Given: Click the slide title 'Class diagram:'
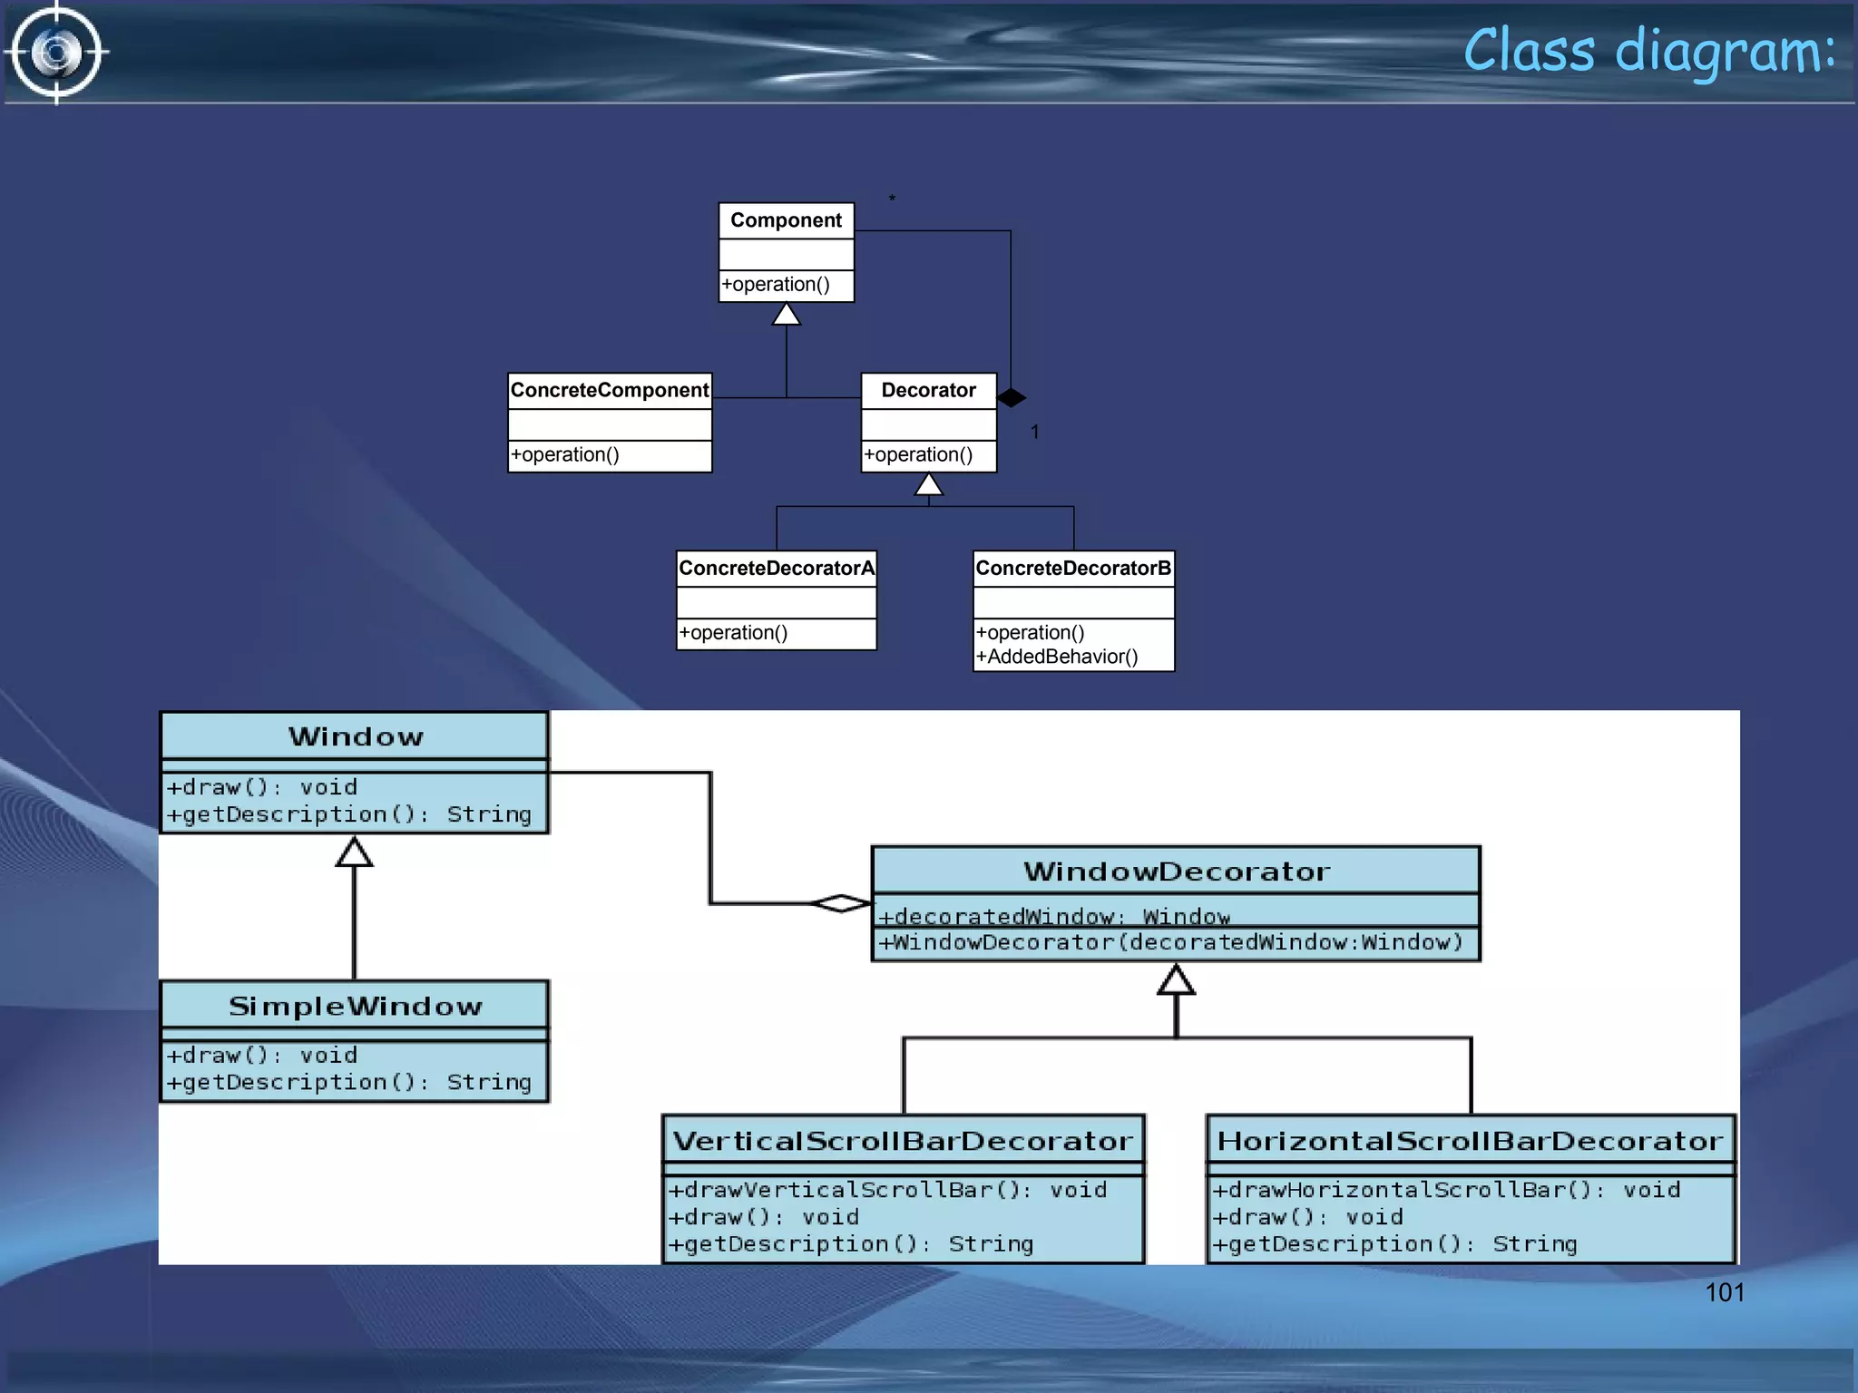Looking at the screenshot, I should coord(1648,51).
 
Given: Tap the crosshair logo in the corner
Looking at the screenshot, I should coord(56,53).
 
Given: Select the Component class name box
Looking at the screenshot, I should coord(786,220).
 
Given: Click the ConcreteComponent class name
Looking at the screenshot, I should coord(609,390).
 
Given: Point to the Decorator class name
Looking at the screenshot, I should coord(928,390).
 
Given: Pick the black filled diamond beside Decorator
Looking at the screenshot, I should coord(1011,397).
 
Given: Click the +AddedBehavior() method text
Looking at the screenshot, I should coord(1057,657).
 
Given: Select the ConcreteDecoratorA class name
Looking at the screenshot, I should coord(777,569).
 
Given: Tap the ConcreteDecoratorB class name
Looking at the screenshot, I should coord(1073,569).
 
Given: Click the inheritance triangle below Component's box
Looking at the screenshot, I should coord(786,315).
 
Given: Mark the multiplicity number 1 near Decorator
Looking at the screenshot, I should coord(1034,433).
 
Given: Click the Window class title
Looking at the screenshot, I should coord(355,736).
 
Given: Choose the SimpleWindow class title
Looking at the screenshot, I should coord(355,1006).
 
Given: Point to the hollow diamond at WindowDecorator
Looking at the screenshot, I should coord(841,903).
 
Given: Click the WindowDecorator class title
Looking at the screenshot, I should coord(1176,872).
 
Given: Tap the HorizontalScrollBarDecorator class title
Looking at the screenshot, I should coord(1470,1141).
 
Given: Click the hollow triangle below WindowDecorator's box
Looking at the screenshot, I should coord(1176,980).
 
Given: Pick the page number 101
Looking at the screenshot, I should coord(1725,1292).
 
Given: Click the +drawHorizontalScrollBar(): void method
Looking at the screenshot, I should coord(1446,1190).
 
